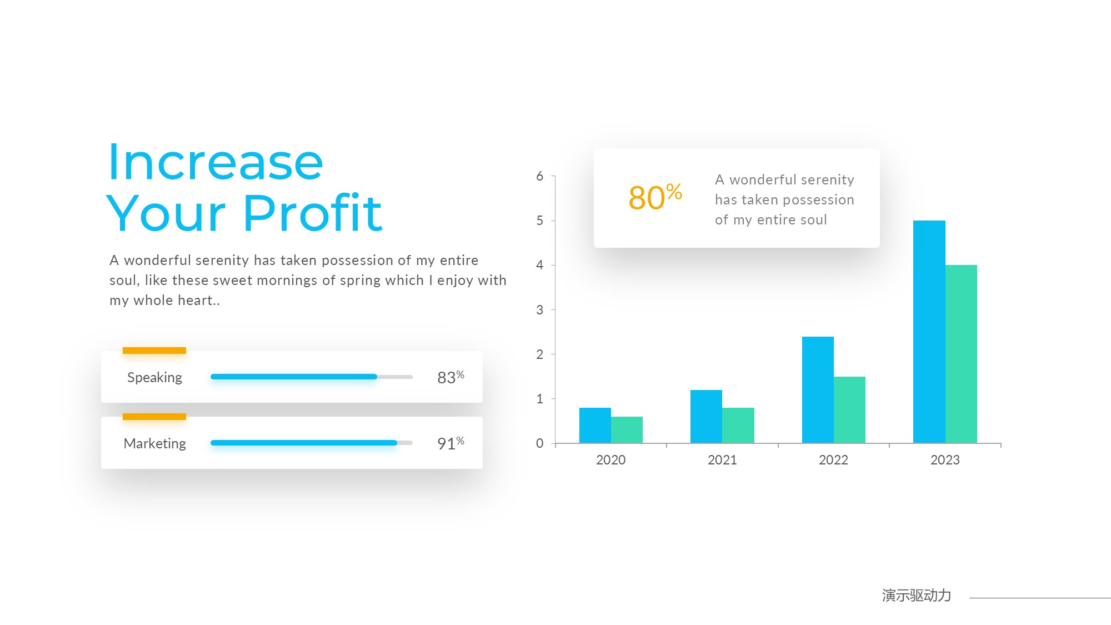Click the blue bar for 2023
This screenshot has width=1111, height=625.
pyautogui.click(x=929, y=332)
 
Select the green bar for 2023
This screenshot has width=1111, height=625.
pyautogui.click(x=961, y=354)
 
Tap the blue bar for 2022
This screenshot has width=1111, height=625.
pyautogui.click(x=818, y=390)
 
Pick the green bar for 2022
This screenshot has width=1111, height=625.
pyautogui.click(x=849, y=410)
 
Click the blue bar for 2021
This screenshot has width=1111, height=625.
pyautogui.click(x=706, y=417)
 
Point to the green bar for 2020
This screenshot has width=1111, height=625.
pyautogui.click(x=627, y=430)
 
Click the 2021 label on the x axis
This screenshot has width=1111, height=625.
pyautogui.click(x=722, y=460)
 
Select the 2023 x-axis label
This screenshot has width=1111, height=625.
pyautogui.click(x=945, y=460)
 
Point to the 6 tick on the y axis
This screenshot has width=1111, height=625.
pyautogui.click(x=539, y=177)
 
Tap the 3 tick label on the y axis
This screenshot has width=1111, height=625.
pyautogui.click(x=539, y=310)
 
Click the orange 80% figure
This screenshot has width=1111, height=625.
pyautogui.click(x=655, y=197)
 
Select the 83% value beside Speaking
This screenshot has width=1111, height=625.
pyautogui.click(x=451, y=377)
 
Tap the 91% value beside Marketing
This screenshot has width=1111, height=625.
pyautogui.click(x=451, y=443)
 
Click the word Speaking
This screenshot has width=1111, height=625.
pyautogui.click(x=154, y=378)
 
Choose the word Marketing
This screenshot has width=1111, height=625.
pyautogui.click(x=154, y=443)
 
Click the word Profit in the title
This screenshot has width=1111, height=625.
pyautogui.click(x=313, y=212)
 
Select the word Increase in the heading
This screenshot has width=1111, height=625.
pyautogui.click(x=216, y=162)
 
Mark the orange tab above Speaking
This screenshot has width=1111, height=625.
pyautogui.click(x=154, y=351)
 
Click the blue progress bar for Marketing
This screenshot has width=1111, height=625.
pyautogui.click(x=304, y=443)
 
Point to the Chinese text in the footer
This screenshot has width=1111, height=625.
pyautogui.click(x=917, y=596)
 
